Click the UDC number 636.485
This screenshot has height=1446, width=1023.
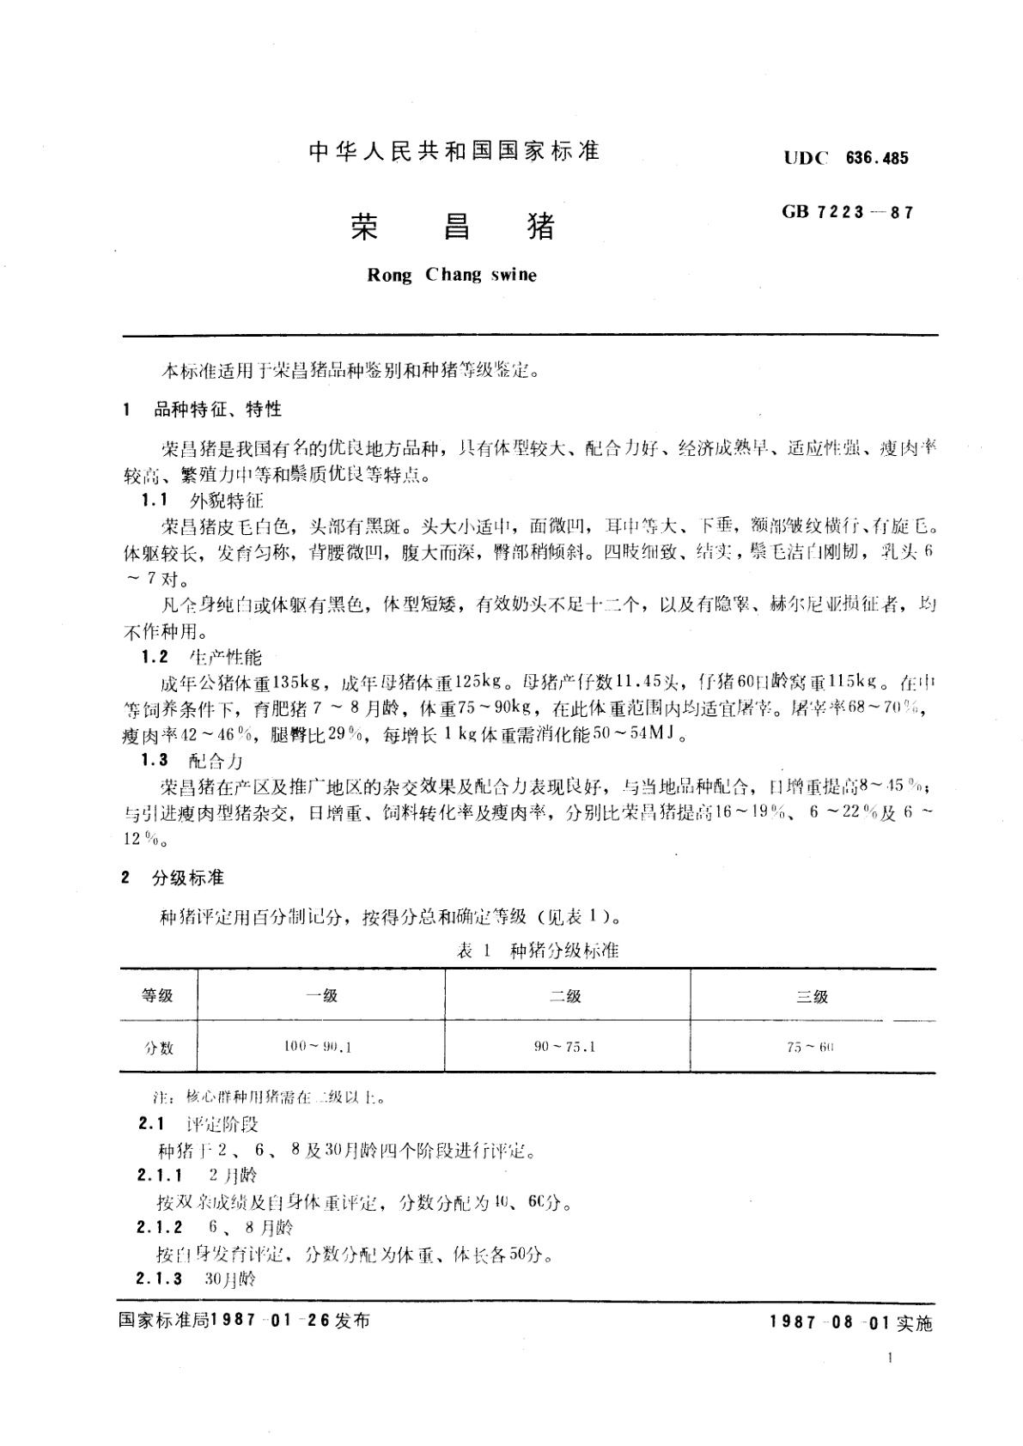coord(877,158)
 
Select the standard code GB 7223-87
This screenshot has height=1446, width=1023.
coord(848,212)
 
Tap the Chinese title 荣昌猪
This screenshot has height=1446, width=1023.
coord(453,226)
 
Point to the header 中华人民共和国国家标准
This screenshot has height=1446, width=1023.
coord(453,152)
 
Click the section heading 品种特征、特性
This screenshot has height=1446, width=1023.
coord(217,410)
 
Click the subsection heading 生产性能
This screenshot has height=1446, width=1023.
coord(223,657)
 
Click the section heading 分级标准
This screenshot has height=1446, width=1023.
coord(188,878)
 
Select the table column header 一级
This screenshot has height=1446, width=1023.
coord(321,996)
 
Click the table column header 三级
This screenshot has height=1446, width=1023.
coord(812,996)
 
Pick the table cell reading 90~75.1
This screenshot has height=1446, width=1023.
coord(564,1047)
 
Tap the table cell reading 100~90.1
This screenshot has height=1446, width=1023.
coord(318,1047)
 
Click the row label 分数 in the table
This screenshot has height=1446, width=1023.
coord(158,1048)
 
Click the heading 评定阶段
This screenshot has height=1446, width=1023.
coord(222,1124)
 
